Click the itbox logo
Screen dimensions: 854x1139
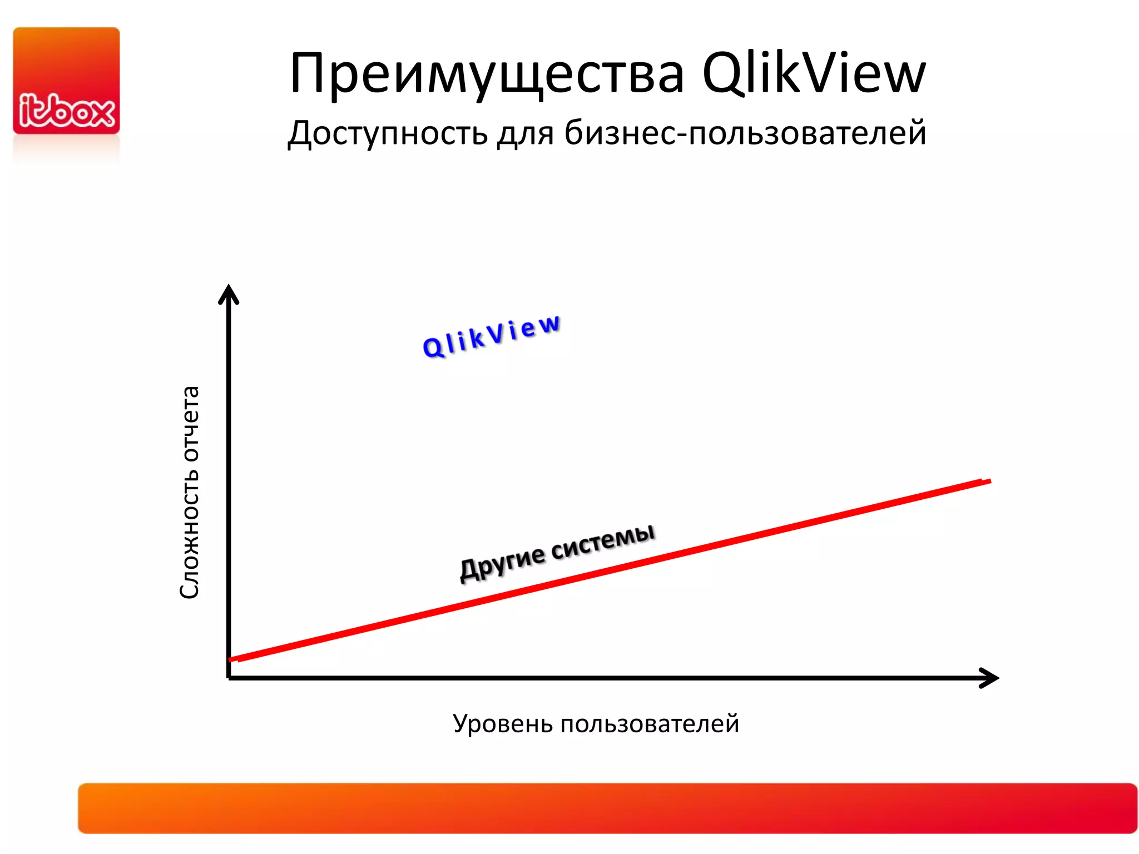pos(66,81)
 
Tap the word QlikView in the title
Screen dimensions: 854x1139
pos(814,73)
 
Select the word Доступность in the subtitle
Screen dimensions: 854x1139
pos(387,133)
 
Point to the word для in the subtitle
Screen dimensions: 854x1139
pos(525,134)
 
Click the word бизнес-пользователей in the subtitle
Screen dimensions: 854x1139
pos(745,133)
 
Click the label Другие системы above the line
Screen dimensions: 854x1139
pos(557,553)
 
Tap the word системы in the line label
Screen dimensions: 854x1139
pos(603,542)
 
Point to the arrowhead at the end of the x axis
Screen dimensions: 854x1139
pos(990,678)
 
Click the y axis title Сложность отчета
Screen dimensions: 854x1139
pos(190,492)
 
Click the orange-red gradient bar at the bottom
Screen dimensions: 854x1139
pos(607,808)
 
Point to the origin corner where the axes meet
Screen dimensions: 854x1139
pos(229,677)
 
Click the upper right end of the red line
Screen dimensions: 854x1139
pos(987,481)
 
